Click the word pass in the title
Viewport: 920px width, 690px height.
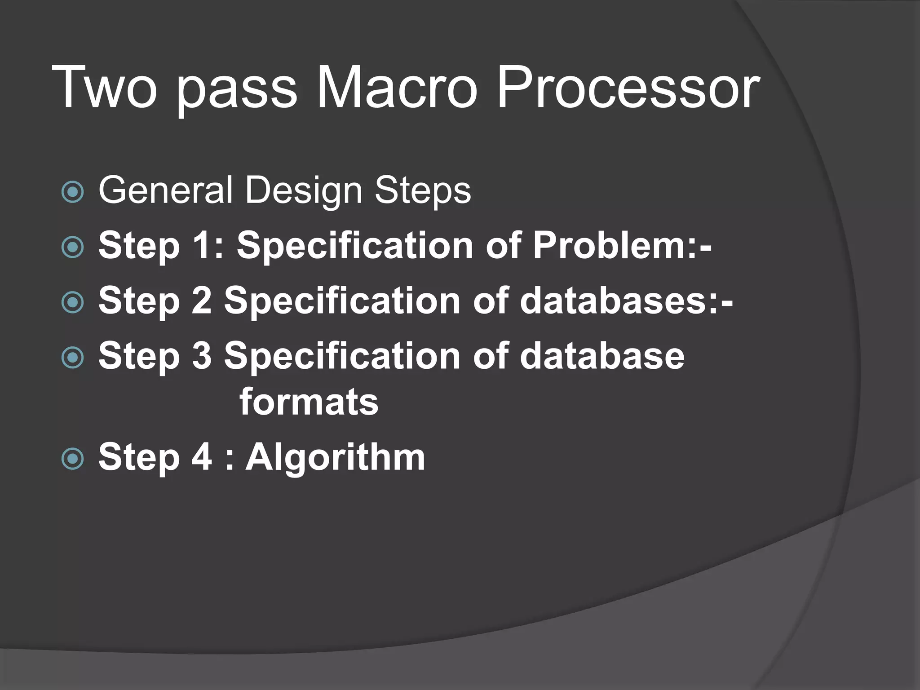pyautogui.click(x=236, y=90)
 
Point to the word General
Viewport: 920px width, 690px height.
pyautogui.click(x=165, y=190)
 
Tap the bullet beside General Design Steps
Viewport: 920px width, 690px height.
pyautogui.click(x=72, y=192)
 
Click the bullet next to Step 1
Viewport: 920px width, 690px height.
pyautogui.click(x=72, y=247)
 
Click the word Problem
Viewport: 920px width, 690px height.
pyautogui.click(x=615, y=245)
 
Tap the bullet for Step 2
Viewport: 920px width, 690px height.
pyautogui.click(x=72, y=302)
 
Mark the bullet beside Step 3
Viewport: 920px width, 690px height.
pyautogui.click(x=72, y=358)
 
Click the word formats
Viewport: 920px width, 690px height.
pyautogui.click(x=309, y=402)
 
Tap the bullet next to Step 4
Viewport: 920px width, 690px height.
pyautogui.click(x=72, y=459)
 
